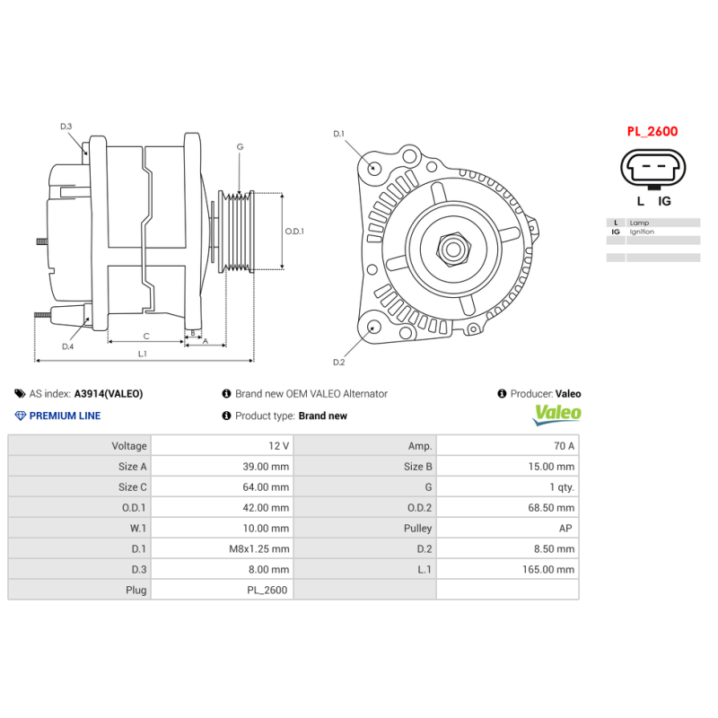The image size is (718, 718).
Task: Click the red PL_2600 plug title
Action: point(652,131)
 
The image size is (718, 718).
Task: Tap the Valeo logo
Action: point(557,415)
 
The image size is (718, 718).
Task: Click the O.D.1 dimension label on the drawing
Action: point(294,231)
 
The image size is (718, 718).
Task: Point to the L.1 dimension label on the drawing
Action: point(143,354)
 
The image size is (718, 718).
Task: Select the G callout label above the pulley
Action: point(240,146)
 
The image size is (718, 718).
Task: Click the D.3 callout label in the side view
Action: point(66,127)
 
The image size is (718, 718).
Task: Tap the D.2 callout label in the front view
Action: point(338,362)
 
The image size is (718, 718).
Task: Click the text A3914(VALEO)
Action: point(108,393)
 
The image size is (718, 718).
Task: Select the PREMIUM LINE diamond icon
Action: point(21,416)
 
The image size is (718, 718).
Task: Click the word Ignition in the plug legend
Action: point(642,232)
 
